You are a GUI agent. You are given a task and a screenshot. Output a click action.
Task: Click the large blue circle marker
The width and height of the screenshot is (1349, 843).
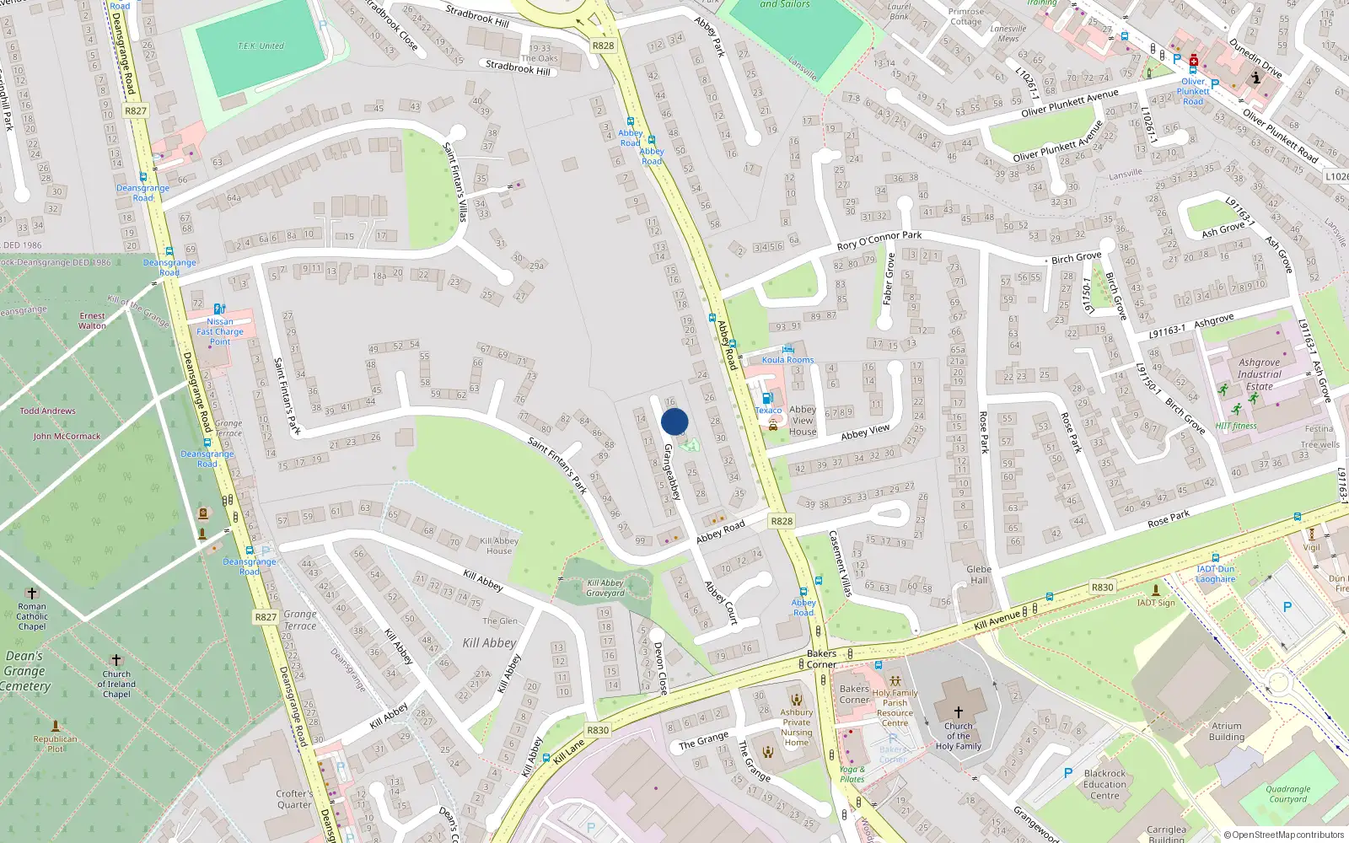point(674,421)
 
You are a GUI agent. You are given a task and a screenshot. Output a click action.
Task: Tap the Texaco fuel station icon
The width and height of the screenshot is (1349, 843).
point(766,399)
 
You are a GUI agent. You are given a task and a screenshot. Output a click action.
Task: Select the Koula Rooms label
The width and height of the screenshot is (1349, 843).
point(787,360)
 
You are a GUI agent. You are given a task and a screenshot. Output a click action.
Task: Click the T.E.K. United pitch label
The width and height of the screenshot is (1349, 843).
point(261,46)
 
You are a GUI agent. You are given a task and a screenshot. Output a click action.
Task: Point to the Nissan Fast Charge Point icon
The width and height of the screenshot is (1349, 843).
point(219,309)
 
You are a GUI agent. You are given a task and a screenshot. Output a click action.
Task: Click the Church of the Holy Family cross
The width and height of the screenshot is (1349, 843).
point(958,712)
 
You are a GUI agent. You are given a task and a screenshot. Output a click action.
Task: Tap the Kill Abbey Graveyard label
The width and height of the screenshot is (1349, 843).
point(605,588)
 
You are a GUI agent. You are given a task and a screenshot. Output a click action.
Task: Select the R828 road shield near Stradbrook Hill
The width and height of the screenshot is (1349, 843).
point(603,46)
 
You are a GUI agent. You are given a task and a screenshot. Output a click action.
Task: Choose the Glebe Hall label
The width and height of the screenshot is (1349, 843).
point(979,574)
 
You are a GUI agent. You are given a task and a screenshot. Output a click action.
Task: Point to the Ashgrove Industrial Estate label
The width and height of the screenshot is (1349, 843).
point(1260,374)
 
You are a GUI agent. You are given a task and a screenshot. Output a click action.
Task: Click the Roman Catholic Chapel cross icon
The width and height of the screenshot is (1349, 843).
point(32,593)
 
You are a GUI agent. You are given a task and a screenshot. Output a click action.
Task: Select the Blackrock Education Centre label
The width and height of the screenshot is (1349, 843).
point(1104,784)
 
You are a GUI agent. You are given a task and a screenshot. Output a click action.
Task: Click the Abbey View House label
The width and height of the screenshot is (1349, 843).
point(803,421)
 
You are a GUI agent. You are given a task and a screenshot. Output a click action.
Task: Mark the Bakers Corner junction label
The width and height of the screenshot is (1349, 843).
point(821,658)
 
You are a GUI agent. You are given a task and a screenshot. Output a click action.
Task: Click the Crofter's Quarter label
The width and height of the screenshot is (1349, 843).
point(294,799)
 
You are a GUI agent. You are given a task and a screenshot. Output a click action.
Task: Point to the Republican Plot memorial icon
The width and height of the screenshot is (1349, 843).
point(56,726)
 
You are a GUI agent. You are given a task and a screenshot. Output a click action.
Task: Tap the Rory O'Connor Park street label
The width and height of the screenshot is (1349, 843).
point(879,240)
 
